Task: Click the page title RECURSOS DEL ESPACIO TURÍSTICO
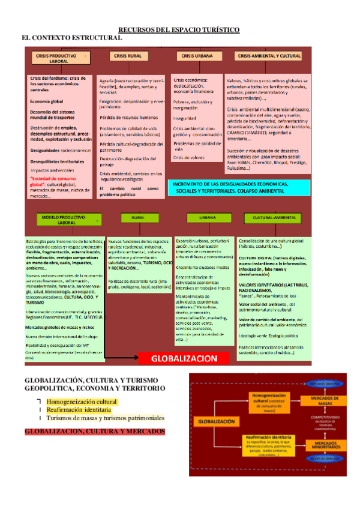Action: point(179,29)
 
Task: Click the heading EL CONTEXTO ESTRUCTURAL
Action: point(71,37)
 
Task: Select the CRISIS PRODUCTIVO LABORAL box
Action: point(59,58)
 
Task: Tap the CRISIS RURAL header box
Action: point(127,56)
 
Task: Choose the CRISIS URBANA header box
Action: point(195,56)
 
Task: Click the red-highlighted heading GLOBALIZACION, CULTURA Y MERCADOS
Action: point(94,431)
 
